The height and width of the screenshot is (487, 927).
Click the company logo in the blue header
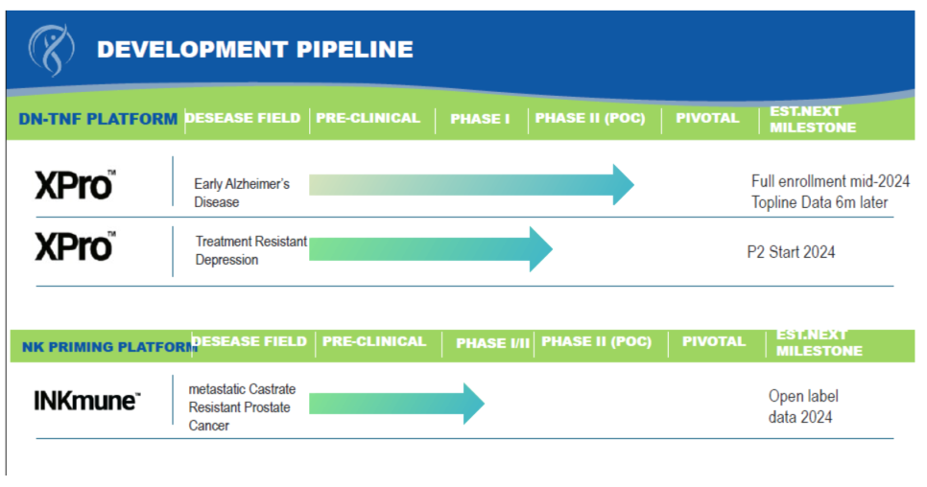coord(52,50)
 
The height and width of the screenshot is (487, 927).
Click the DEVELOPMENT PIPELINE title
coord(255,50)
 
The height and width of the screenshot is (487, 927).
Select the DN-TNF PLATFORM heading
coord(98,119)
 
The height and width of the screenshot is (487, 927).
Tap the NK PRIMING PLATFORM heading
coord(110,347)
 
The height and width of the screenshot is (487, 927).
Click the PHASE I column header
coord(480,119)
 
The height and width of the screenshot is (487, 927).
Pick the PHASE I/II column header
coord(493,343)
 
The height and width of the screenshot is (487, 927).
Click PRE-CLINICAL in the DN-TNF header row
coord(368,118)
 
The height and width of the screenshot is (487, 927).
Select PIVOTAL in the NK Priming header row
coord(714,341)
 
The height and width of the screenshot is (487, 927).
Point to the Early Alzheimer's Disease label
coord(242,193)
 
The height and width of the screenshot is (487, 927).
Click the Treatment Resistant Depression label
coord(251,250)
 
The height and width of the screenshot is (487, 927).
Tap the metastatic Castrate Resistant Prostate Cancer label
coord(242,407)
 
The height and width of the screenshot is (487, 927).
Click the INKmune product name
coord(87,402)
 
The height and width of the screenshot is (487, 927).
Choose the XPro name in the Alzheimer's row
coord(75,185)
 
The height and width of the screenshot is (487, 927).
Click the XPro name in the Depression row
coord(75,246)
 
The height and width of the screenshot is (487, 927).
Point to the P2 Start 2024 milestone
coord(791,252)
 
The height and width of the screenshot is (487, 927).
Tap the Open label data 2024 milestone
coord(803,406)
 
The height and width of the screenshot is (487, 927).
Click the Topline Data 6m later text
coord(820,202)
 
